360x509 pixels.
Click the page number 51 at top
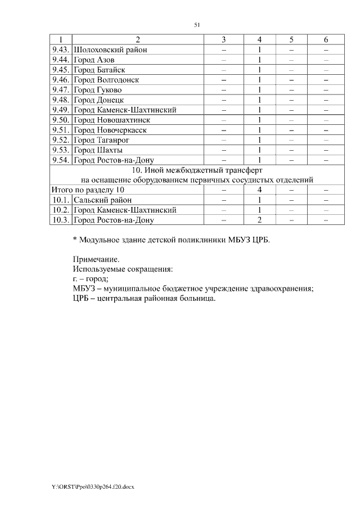click(x=197, y=25)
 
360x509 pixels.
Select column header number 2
click(x=138, y=39)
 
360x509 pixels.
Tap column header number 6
click(x=326, y=39)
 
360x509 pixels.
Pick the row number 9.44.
click(x=60, y=60)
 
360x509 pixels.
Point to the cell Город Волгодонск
click(x=106, y=80)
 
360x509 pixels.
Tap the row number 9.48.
click(x=60, y=100)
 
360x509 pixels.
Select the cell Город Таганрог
click(x=101, y=141)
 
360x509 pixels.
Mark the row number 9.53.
click(x=60, y=151)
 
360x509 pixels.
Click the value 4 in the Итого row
click(x=260, y=190)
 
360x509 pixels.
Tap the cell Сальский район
click(x=103, y=200)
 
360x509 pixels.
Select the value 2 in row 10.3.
click(x=260, y=220)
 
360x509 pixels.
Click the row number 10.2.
click(x=60, y=210)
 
